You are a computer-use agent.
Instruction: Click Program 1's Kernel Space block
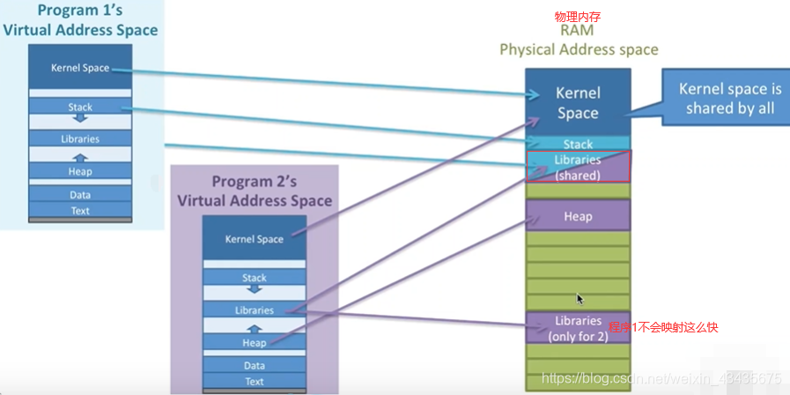click(x=80, y=68)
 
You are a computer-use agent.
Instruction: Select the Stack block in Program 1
click(x=80, y=107)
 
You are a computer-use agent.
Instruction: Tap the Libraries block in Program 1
click(x=80, y=138)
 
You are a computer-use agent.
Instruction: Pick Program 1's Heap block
click(x=80, y=171)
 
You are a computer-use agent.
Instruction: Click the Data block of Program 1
click(x=80, y=195)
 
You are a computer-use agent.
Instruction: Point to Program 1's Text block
click(x=80, y=211)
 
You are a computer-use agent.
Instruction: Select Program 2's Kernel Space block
click(x=255, y=239)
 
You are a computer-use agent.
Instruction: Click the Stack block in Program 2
click(x=255, y=278)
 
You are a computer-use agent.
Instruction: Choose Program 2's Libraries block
click(x=255, y=310)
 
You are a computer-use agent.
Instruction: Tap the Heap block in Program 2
click(x=255, y=342)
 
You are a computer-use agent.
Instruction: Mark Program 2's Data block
click(x=255, y=365)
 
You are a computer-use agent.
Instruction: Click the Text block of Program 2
click(x=255, y=381)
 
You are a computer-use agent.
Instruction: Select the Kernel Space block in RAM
click(x=578, y=102)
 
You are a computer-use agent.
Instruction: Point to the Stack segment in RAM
click(x=578, y=144)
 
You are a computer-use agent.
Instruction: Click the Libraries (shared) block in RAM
click(x=578, y=167)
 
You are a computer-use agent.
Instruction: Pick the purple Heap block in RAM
click(x=578, y=216)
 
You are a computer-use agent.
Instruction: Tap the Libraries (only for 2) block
click(x=578, y=327)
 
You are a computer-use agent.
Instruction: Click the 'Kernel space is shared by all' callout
click(x=729, y=98)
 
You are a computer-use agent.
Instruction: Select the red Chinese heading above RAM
click(x=578, y=17)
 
